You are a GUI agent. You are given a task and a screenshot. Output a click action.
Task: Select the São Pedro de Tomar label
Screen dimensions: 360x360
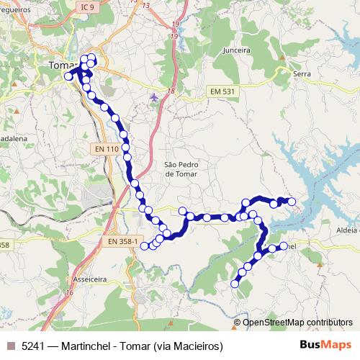pyautogui.click(x=181, y=168)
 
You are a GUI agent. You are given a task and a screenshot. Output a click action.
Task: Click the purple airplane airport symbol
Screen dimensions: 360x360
pyautogui.click(x=153, y=96)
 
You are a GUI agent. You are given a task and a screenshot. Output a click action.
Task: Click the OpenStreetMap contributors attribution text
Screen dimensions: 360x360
pyautogui.click(x=297, y=323)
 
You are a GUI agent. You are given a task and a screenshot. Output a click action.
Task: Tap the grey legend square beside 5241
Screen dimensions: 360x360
pyautogui.click(x=11, y=346)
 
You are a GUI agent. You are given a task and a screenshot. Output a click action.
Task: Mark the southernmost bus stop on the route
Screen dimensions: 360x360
pyautogui.click(x=235, y=284)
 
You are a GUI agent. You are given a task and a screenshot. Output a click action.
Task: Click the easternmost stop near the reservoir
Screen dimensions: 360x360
pyautogui.click(x=292, y=202)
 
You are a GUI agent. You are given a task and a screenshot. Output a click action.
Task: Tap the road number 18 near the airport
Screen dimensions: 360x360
pyautogui.click(x=171, y=91)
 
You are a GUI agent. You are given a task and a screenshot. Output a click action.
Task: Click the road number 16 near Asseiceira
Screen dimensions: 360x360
pyautogui.click(x=69, y=292)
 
